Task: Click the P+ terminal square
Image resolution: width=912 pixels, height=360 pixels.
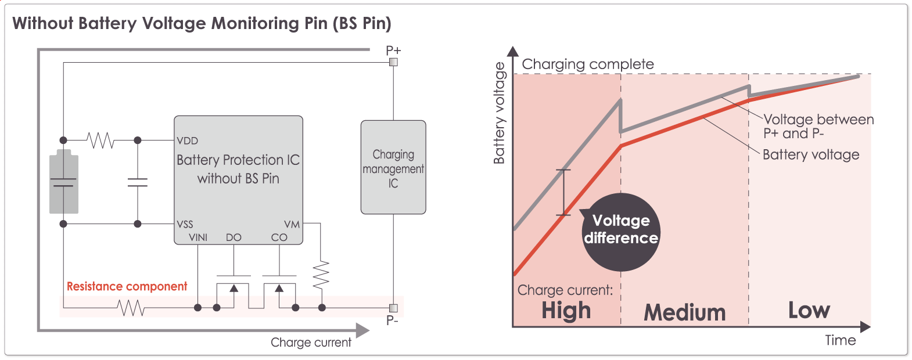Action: point(393,62)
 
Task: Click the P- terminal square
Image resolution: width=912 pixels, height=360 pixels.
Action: point(393,308)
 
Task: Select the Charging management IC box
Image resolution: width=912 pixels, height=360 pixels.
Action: point(393,167)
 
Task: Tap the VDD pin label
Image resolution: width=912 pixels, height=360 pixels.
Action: point(188,141)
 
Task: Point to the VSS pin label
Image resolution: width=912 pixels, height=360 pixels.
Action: point(185,224)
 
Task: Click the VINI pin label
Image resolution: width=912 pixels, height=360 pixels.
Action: point(198,237)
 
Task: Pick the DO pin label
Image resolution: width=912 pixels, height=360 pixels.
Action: point(234,237)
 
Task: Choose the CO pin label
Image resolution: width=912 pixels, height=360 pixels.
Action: point(279,237)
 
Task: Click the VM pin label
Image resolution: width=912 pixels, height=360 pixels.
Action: point(292,224)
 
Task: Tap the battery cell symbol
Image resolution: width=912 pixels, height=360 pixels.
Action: point(63,182)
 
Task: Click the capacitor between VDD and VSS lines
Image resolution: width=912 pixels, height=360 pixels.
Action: point(138,182)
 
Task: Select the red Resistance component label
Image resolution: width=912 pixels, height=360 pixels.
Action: point(127,286)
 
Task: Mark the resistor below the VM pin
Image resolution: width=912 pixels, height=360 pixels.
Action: point(321,275)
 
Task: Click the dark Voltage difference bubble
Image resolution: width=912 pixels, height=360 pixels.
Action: point(622,232)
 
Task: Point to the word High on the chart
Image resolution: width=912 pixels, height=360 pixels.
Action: point(566,311)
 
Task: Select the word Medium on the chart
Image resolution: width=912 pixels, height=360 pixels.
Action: point(685,312)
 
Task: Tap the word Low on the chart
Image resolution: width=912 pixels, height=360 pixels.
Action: point(809,310)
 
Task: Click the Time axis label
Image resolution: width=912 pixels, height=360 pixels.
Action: point(841,340)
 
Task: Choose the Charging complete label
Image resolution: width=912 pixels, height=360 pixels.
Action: point(588,64)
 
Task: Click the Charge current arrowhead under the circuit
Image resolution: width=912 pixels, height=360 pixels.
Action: point(363,330)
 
